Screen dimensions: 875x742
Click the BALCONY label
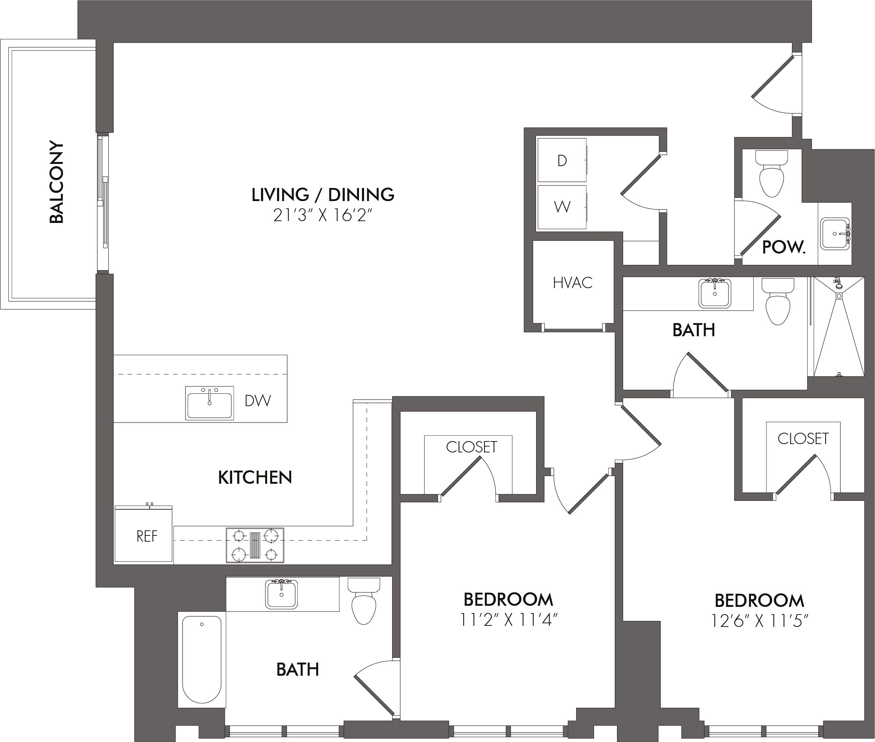[56, 182]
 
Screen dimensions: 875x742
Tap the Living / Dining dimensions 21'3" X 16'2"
[323, 216]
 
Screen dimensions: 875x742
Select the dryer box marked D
[562, 160]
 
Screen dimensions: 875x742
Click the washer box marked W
[562, 207]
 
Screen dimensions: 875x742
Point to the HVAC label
[573, 283]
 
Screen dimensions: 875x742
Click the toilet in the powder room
[772, 173]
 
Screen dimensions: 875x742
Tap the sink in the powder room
[835, 234]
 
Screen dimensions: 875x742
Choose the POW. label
[784, 247]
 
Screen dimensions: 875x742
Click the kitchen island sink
[210, 403]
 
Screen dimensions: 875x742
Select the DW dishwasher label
[258, 401]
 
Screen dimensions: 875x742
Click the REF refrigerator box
[144, 534]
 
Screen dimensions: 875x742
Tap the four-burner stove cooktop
[255, 546]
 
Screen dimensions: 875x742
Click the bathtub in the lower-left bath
[202, 660]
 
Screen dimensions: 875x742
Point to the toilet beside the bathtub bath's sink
[364, 601]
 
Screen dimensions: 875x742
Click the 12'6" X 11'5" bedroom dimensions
[760, 621]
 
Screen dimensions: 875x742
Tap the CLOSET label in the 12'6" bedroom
[803, 439]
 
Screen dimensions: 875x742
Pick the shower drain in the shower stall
[839, 296]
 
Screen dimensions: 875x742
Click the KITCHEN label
[255, 478]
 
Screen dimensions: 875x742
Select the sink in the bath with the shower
[715, 293]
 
